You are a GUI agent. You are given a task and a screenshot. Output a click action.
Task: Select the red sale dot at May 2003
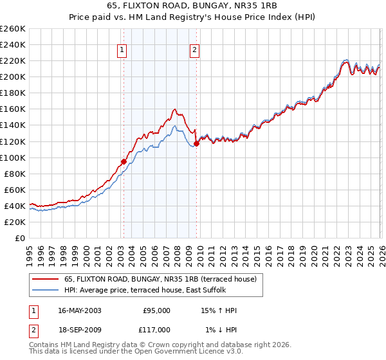pos(124,161)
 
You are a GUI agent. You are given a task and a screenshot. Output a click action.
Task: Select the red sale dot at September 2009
pos(196,144)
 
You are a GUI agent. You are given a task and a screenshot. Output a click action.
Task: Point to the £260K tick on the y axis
pos(12,29)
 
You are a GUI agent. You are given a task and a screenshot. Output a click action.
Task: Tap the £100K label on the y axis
pos(12,157)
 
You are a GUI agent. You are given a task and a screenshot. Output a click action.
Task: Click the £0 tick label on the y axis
pos(19,238)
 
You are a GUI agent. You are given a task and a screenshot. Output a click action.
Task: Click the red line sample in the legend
pos(46,279)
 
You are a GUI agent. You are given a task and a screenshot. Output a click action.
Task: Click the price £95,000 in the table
pos(156,310)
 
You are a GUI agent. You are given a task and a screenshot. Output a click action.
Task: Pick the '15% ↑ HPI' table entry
pos(219,310)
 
